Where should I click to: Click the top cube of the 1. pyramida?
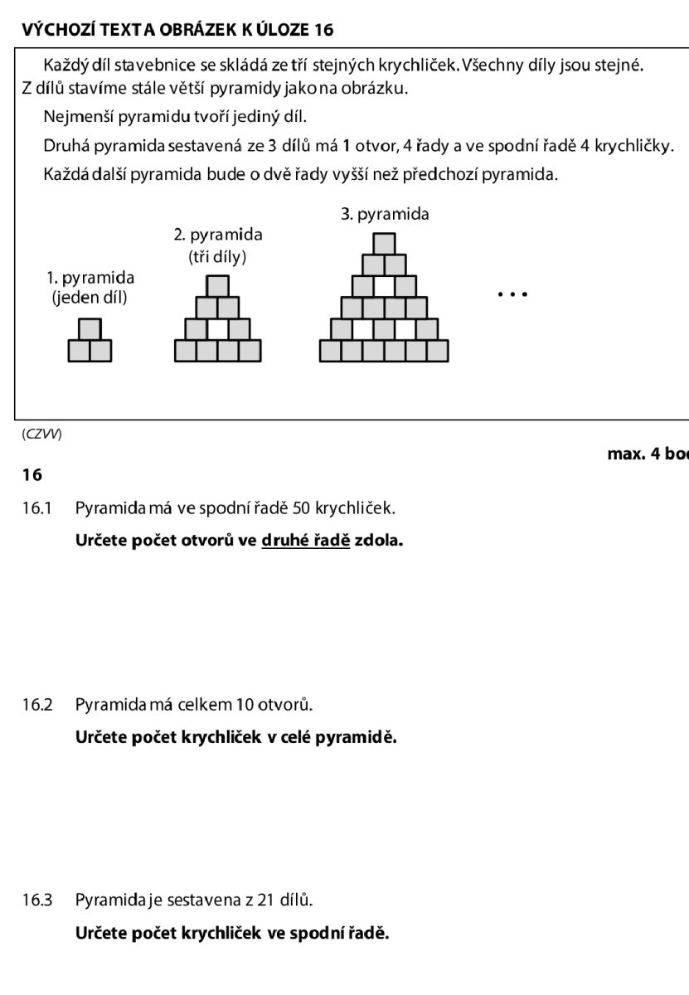click(x=90, y=330)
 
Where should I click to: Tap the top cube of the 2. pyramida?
click(x=217, y=286)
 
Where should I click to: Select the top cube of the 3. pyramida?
click(x=384, y=244)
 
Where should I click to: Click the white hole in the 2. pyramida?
click(x=217, y=329)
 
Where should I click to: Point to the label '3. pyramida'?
click(x=385, y=214)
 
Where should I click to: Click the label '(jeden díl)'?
click(x=90, y=298)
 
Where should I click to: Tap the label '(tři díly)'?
click(x=217, y=256)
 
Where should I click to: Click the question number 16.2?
click(x=37, y=706)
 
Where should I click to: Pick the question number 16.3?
click(x=37, y=900)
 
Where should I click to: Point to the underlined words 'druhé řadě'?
click(x=306, y=541)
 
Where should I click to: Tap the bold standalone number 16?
click(x=32, y=475)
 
